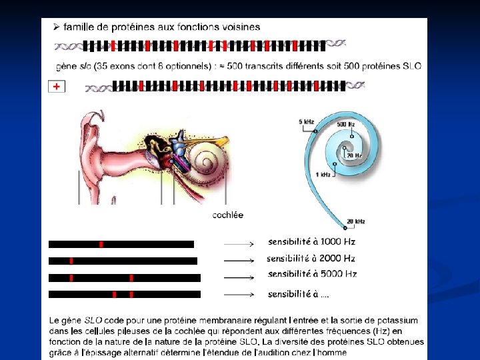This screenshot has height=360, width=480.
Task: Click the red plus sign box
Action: [x=57, y=87]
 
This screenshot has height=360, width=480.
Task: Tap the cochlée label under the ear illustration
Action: [x=227, y=215]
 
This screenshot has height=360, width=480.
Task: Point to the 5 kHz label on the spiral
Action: [x=307, y=121]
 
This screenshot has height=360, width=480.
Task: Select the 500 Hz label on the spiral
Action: [x=345, y=124]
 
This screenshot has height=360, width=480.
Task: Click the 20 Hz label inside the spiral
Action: [x=353, y=155]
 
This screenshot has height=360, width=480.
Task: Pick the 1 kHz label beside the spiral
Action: [x=323, y=175]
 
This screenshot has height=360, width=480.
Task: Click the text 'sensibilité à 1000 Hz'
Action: [x=311, y=241]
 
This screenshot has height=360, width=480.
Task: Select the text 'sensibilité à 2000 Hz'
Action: [x=311, y=258]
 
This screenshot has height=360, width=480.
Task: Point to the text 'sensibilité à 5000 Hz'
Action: [x=311, y=274]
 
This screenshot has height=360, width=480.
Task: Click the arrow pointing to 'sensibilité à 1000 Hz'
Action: [x=239, y=245]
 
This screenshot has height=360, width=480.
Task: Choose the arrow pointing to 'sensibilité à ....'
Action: [x=239, y=294]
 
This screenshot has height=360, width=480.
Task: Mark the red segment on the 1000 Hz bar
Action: [x=101, y=245]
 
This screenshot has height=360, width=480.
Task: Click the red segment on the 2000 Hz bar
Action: [x=71, y=261]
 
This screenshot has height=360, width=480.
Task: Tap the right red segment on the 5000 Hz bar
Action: [x=131, y=277]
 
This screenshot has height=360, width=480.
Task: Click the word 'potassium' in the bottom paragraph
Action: [x=398, y=321]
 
